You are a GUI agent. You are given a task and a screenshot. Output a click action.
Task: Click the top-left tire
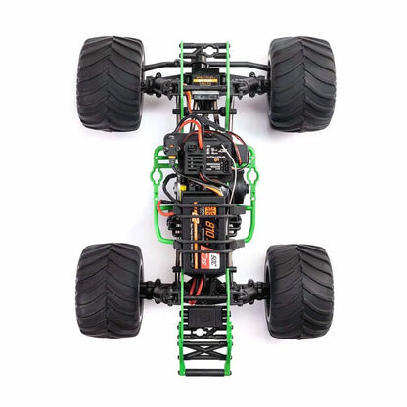(x=110, y=83)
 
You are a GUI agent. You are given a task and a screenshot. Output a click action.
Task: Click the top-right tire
(x=299, y=83)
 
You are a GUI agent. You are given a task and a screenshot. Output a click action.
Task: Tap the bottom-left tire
(x=108, y=291)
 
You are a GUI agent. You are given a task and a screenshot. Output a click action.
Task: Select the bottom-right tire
(x=297, y=291)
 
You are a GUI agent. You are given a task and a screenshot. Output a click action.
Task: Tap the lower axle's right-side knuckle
(x=257, y=291)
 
